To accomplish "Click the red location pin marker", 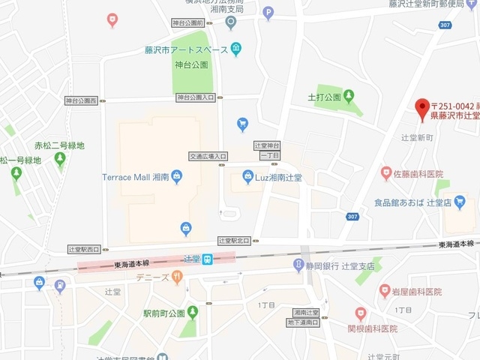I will click(422, 106).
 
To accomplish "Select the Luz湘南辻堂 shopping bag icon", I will click(248, 178).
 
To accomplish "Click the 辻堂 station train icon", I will click(211, 259).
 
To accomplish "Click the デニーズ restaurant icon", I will click(177, 277).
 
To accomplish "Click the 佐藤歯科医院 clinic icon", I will click(386, 173).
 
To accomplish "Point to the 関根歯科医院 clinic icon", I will click(361, 313).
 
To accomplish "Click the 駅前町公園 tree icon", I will click(193, 311).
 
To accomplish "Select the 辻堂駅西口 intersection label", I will click(83, 248).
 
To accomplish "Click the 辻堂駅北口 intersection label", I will click(233, 241).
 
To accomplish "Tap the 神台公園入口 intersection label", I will click(195, 97).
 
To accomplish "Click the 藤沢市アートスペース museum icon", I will click(236, 49).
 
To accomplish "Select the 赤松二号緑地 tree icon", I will click(59, 159).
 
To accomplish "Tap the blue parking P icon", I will click(268, 12).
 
